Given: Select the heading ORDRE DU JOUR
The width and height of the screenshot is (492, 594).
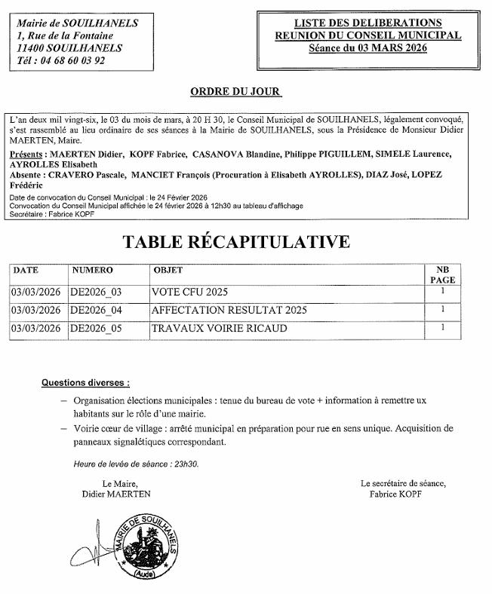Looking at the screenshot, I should [x=235, y=92].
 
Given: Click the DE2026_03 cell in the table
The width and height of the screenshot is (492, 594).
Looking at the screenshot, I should [x=96, y=292].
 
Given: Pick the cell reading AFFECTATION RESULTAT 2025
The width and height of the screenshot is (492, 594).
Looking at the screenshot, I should [x=229, y=310].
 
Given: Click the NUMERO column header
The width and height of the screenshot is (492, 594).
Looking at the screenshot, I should [x=92, y=270].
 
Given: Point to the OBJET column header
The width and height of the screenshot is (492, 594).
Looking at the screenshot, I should [x=168, y=270].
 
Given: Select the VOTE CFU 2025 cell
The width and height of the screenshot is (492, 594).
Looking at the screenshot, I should [x=189, y=292].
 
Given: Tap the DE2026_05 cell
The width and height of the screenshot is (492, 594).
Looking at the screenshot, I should [x=96, y=328].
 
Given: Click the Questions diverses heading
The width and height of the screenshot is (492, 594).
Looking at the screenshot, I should [x=85, y=383].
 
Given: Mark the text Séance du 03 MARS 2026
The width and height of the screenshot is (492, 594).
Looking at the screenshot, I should [x=367, y=47].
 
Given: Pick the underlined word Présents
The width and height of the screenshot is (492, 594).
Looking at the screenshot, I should [x=27, y=155].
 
